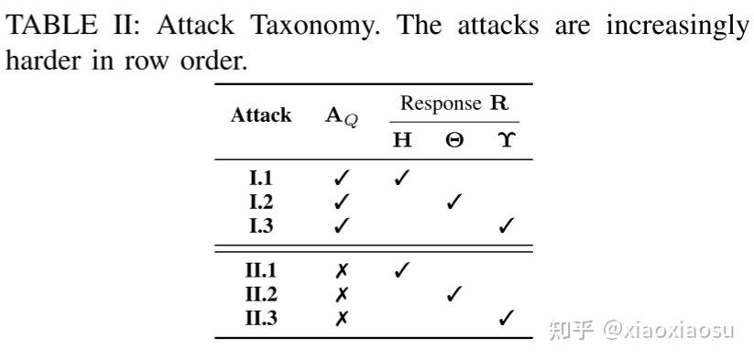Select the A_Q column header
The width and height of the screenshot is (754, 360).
(x=341, y=118)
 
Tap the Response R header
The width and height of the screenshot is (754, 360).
(x=453, y=103)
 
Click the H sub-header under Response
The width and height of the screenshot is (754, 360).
(x=402, y=140)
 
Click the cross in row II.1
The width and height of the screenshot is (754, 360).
(x=341, y=271)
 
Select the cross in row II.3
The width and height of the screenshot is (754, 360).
(x=341, y=317)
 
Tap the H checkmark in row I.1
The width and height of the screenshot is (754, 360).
(x=401, y=179)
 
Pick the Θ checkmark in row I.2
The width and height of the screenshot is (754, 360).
(x=453, y=202)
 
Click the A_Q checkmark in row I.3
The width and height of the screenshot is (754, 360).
(x=341, y=224)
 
